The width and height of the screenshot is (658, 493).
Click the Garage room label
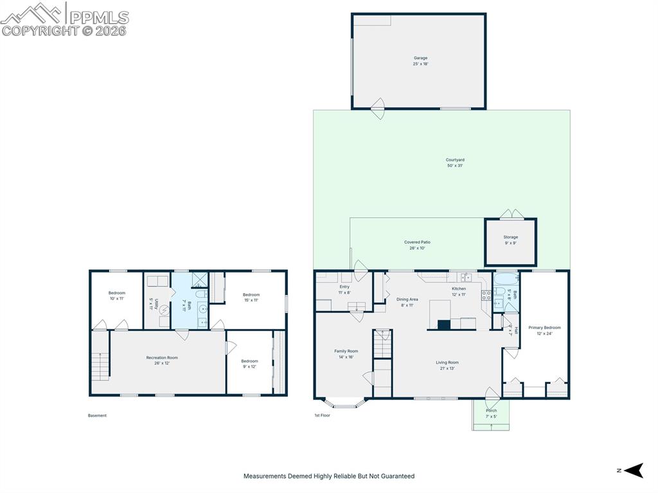(x=420, y=60)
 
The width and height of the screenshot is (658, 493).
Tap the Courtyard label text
(x=455, y=163)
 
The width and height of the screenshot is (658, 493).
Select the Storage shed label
(x=510, y=240)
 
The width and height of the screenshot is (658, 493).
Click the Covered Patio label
(x=417, y=245)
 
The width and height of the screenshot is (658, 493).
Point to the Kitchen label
(x=458, y=292)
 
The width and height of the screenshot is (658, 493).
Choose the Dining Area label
(x=407, y=302)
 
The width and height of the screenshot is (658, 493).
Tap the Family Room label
(x=346, y=354)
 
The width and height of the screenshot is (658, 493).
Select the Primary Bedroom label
(x=544, y=330)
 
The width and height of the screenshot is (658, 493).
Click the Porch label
(x=491, y=413)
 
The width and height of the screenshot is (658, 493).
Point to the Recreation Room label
(x=161, y=360)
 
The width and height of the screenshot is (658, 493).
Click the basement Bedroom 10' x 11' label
(x=116, y=296)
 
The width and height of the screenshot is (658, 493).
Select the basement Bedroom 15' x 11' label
(x=251, y=297)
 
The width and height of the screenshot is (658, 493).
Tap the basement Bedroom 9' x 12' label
(x=249, y=364)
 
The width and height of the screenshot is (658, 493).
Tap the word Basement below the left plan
(x=97, y=416)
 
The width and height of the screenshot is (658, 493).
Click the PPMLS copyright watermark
(x=65, y=19)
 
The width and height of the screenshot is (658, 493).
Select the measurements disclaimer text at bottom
(x=328, y=476)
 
